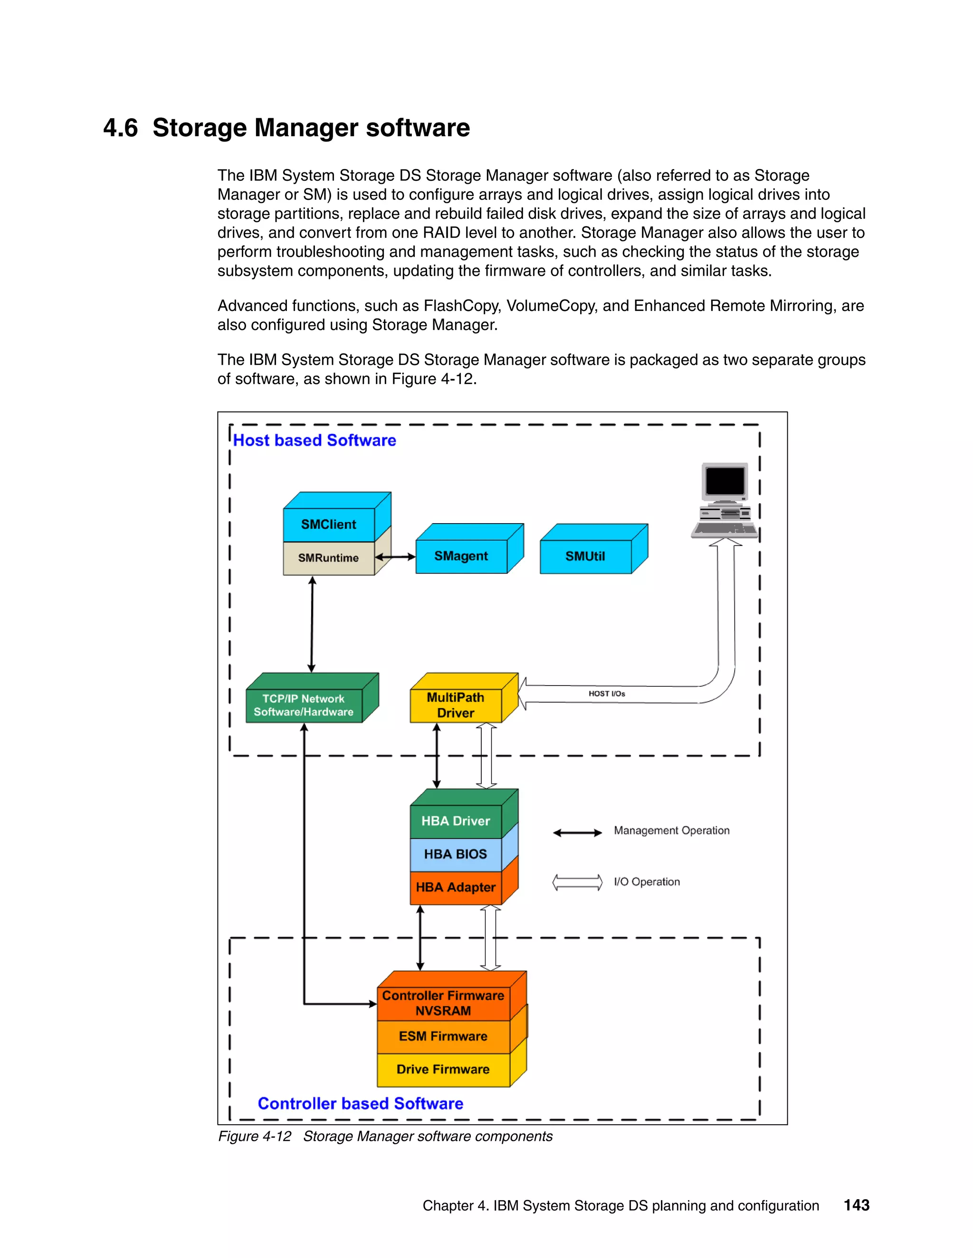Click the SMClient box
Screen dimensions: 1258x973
329,524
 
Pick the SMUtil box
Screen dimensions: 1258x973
585,556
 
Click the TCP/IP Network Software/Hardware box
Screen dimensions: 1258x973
304,705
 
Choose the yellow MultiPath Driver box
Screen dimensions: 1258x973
455,705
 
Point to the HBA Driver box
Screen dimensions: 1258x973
455,821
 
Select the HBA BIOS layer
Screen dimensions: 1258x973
455,854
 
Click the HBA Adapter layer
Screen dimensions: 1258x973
455,887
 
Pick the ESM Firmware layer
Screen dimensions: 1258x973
443,1036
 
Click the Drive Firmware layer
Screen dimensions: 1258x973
443,1069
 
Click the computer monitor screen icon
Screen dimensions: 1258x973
725,481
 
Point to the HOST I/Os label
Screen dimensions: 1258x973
606,694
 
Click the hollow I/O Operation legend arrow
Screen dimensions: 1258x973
577,882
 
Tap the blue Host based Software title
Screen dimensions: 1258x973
314,441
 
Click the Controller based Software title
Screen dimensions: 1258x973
360,1104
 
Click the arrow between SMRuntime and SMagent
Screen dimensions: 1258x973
395,557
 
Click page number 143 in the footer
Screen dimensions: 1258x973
856,1205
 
